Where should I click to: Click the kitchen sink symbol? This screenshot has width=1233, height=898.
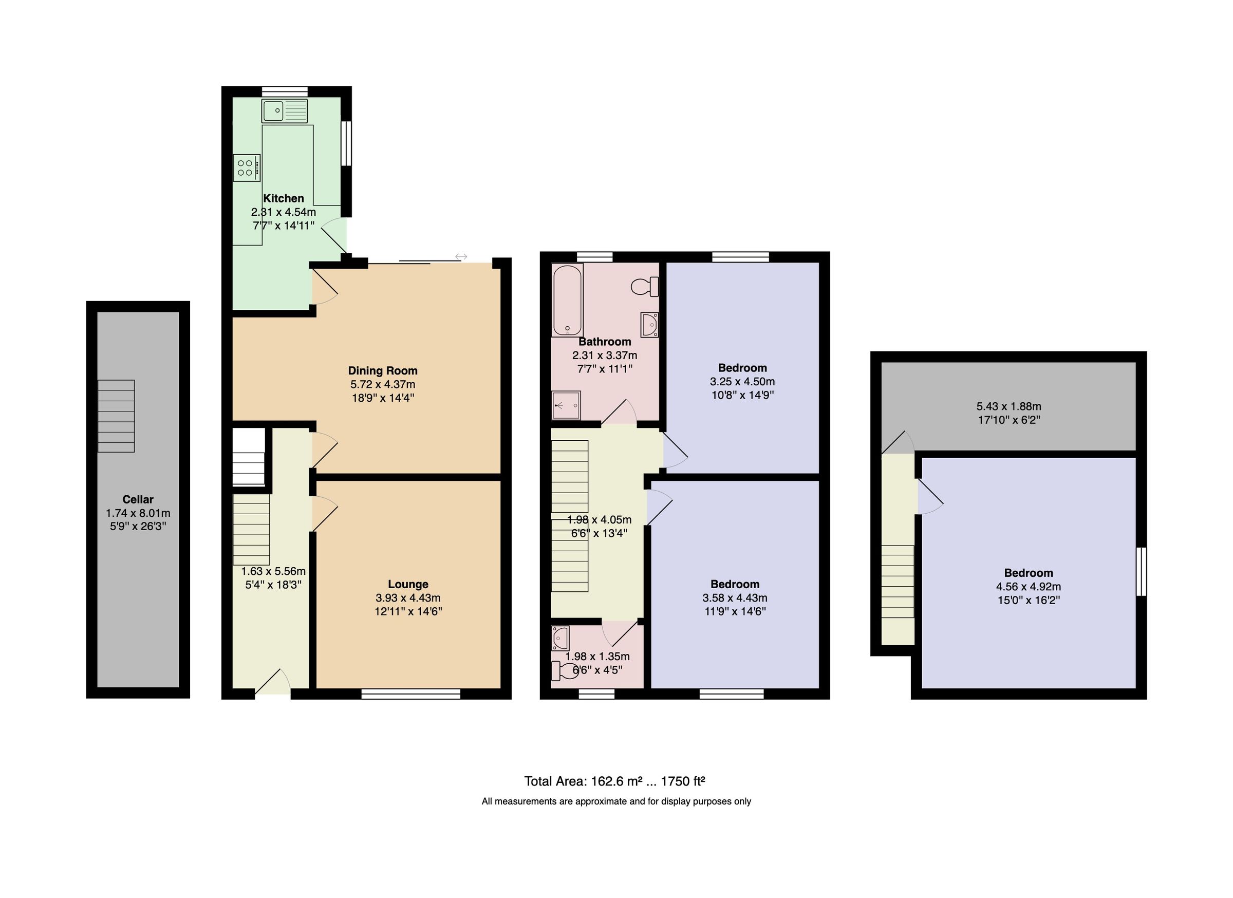(x=284, y=111)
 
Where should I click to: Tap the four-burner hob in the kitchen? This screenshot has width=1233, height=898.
(x=246, y=167)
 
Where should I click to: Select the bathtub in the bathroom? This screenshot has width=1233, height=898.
(x=568, y=300)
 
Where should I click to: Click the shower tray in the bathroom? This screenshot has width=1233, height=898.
(x=566, y=405)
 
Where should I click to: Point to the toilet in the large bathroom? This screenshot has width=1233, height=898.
(x=645, y=286)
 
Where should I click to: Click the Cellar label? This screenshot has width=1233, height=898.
(x=138, y=499)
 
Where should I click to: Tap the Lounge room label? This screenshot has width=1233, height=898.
(x=408, y=584)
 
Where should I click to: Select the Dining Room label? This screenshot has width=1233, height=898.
(x=383, y=370)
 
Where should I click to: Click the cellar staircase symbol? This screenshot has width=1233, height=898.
(x=116, y=416)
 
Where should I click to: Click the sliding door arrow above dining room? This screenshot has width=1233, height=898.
(x=461, y=256)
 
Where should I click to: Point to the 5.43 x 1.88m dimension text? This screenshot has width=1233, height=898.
(x=1008, y=406)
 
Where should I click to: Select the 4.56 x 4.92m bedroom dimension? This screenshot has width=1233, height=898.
(x=1028, y=587)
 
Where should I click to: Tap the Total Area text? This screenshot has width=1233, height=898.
(x=614, y=781)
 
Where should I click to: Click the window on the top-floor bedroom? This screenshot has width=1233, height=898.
(x=1141, y=571)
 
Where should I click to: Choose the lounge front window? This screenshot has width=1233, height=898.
(x=410, y=694)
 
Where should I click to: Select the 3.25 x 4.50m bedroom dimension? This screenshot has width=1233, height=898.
(x=742, y=382)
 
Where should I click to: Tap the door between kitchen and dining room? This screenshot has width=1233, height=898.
(x=324, y=287)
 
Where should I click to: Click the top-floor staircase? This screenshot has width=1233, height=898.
(x=897, y=581)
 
